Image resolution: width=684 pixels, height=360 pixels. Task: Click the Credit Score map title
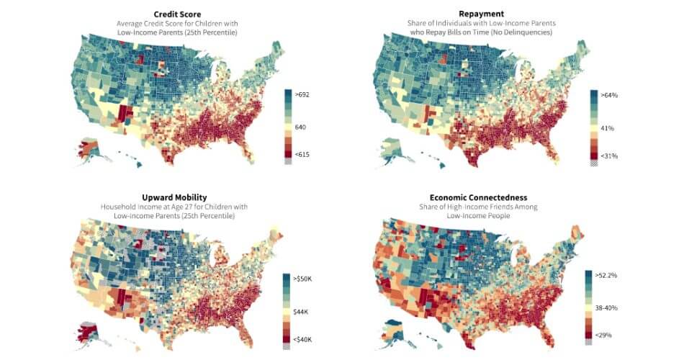pos(177,14)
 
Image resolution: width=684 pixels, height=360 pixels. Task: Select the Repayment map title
pos(482,14)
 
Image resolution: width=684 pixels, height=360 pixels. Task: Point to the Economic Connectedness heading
pos(482,197)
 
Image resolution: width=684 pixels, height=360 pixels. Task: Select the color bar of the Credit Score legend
pos(289,125)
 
